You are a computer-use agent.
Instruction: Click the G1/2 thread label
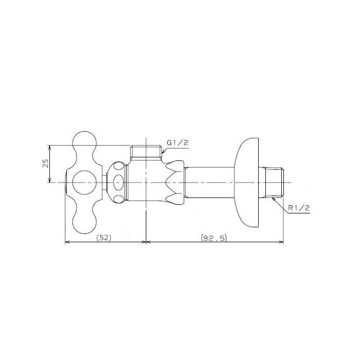[177, 143]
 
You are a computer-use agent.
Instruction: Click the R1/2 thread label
[299, 208]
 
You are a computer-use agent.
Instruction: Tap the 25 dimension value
[46, 163]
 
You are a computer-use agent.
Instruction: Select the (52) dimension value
[104, 238]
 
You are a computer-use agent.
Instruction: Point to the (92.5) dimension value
[213, 238]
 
